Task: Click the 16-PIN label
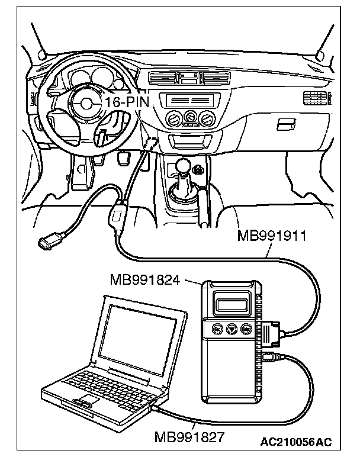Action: pos(126,102)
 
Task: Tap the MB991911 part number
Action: pos(271,237)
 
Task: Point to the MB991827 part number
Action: pos(189,437)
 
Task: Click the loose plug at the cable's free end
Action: pos(48,242)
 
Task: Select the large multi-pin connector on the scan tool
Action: pos(274,334)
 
